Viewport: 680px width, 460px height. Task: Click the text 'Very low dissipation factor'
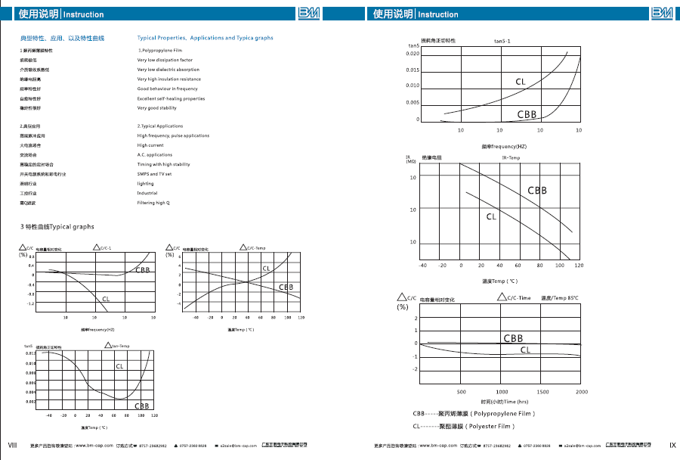point(165,60)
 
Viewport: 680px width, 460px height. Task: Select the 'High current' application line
point(150,145)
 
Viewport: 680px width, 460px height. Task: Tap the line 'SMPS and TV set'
point(154,174)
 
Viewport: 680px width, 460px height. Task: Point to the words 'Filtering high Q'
point(153,203)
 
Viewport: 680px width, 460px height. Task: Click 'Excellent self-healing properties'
point(171,98)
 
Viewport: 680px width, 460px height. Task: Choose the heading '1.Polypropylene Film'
point(160,50)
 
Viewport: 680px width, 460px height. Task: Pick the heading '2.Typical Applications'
point(160,126)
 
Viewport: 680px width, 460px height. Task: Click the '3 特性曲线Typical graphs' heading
point(57,227)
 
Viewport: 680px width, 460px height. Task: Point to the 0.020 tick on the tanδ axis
point(413,54)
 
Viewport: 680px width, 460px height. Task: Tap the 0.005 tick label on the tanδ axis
point(413,102)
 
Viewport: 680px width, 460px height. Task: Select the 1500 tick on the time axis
point(542,392)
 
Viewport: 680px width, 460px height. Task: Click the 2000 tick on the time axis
point(582,392)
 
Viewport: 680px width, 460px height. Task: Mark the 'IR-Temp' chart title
point(511,157)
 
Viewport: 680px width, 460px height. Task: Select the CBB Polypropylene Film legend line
point(474,414)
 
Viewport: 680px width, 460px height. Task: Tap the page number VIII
point(12,444)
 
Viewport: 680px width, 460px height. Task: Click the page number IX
point(672,444)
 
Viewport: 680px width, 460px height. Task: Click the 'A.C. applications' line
point(155,155)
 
